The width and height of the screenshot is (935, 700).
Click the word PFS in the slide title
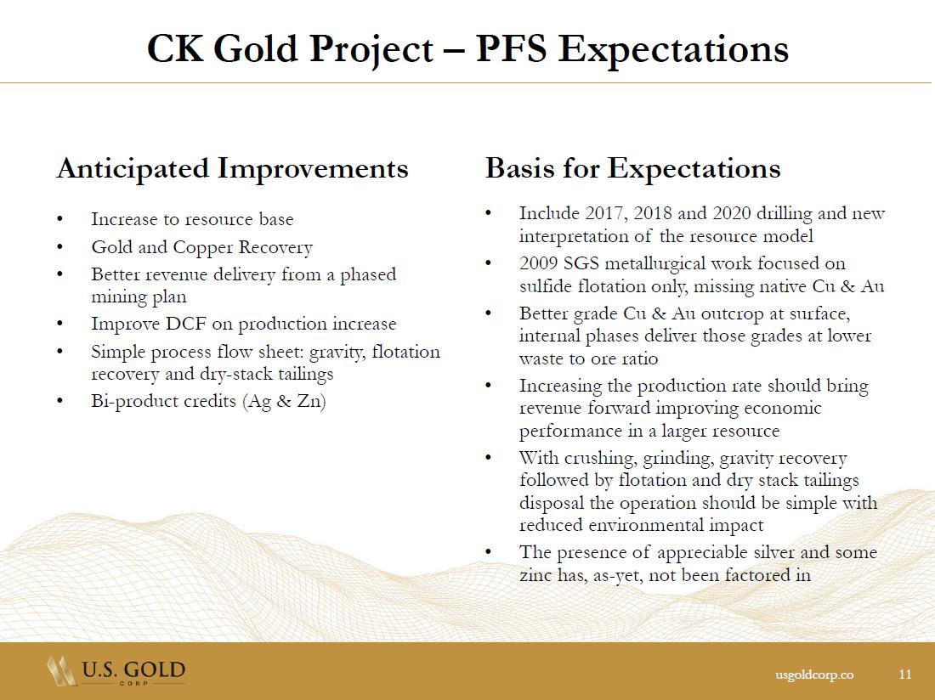(511, 48)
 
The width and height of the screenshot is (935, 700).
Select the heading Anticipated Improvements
(233, 168)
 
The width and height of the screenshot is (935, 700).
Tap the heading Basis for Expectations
(632, 168)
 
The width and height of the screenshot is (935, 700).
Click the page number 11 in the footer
(905, 674)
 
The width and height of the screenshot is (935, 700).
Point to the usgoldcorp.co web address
(814, 675)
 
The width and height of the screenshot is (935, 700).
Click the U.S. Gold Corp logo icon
(61, 671)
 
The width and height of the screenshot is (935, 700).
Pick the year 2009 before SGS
(538, 263)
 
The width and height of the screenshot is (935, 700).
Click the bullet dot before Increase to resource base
(59, 219)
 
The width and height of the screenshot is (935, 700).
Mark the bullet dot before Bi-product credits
(59, 401)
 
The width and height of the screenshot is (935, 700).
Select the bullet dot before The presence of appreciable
(489, 552)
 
